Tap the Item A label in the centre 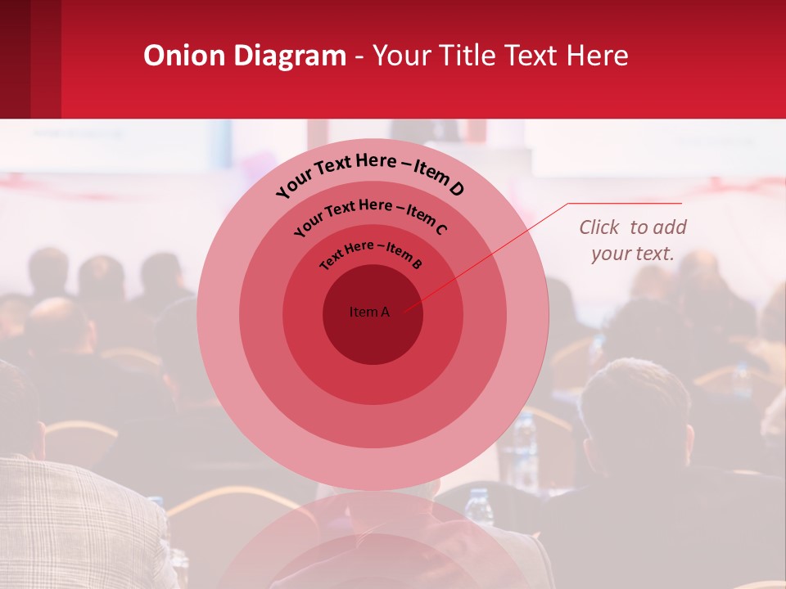369,312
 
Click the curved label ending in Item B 371,254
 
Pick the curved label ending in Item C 370,216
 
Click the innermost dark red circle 373,335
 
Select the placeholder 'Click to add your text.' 632,241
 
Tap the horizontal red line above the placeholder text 626,203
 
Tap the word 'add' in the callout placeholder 671,227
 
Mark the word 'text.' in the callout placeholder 656,254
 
